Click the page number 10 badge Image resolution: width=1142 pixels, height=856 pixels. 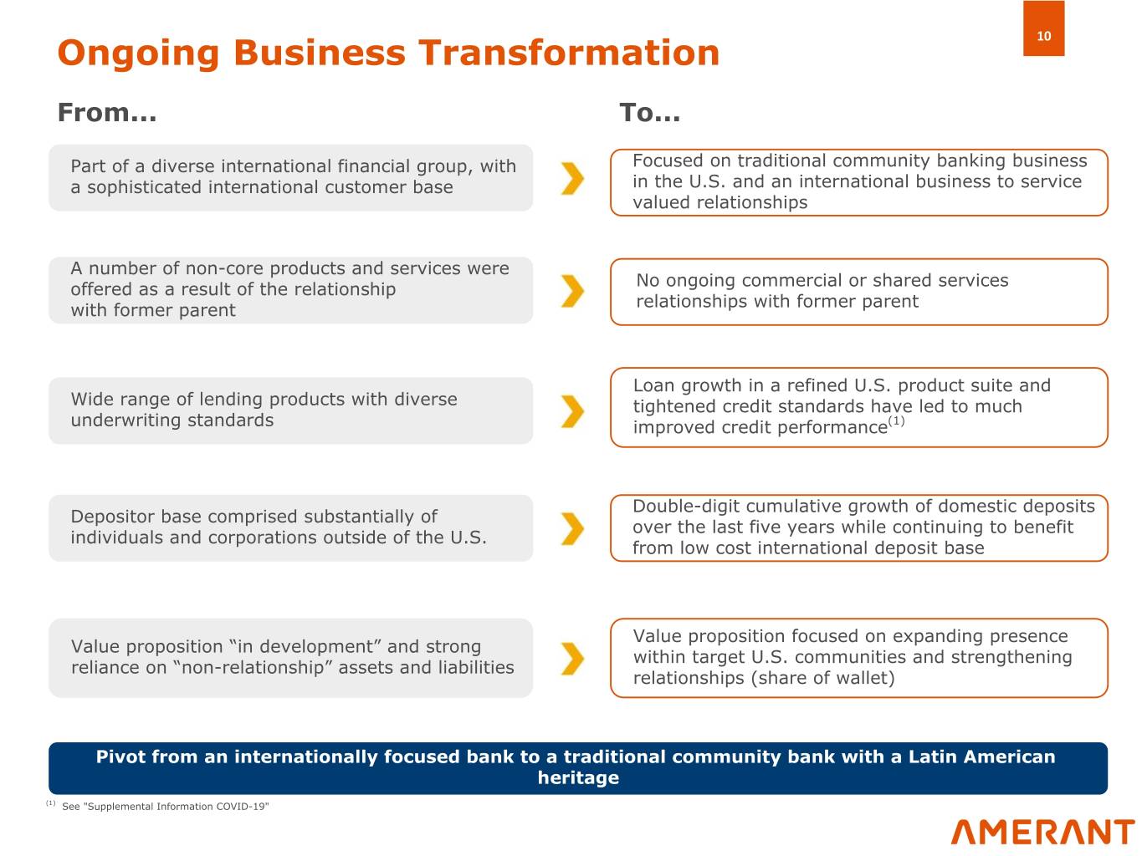1043,28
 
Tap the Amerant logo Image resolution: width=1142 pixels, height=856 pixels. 1042,832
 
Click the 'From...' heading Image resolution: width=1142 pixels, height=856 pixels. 107,113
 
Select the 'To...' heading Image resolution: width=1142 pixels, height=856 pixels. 649,113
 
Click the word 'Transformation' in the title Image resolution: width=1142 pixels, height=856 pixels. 569,53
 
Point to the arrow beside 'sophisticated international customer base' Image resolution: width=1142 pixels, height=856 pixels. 572,179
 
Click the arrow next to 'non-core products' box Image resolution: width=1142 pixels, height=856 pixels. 572,291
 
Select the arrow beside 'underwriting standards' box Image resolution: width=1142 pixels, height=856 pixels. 572,411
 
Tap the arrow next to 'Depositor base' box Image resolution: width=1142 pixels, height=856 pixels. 572,528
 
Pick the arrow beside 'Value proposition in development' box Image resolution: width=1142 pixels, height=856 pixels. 572,659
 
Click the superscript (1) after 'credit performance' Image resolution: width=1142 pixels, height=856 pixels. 896,420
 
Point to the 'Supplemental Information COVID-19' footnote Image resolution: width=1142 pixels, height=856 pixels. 165,806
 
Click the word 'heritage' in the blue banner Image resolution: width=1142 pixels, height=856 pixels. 578,777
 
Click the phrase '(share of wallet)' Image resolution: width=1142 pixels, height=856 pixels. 822,678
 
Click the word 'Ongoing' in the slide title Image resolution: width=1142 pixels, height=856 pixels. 139,53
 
